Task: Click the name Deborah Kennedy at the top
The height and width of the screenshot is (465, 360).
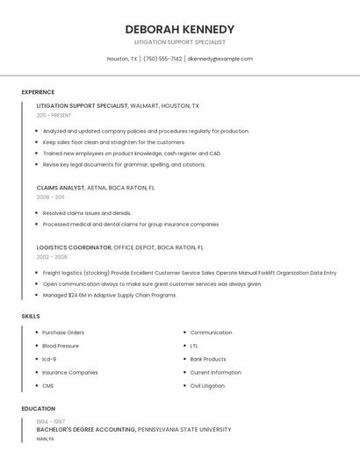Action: [x=179, y=29]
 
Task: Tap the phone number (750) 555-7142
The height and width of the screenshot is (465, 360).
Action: [x=162, y=59]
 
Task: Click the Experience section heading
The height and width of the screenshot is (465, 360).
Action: [x=38, y=92]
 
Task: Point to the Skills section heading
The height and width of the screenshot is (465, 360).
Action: [x=31, y=316]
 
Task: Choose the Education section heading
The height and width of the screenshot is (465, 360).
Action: [x=38, y=409]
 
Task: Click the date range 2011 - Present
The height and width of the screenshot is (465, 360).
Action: [x=54, y=115]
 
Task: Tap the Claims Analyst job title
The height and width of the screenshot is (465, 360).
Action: [x=61, y=187]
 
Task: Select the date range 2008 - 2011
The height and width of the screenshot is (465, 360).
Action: [x=50, y=197]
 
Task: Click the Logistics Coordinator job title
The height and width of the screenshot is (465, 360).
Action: [x=74, y=247]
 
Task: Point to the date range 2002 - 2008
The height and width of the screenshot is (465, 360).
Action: [x=51, y=257]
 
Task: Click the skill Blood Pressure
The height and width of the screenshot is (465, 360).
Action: [x=61, y=346]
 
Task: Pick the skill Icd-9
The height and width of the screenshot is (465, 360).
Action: [x=49, y=359]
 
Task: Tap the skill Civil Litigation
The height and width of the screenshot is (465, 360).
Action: [x=207, y=385]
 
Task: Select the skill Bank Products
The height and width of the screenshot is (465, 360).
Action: [x=208, y=359]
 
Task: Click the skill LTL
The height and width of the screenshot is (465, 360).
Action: [x=194, y=346]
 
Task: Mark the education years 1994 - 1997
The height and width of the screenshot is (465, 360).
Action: [x=50, y=422]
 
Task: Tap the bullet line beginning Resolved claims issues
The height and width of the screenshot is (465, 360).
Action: [x=87, y=212]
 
